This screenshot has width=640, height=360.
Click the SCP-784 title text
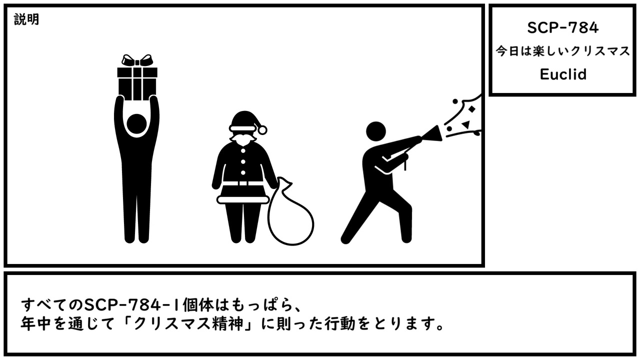click(562, 27)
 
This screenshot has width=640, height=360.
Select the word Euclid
click(563, 74)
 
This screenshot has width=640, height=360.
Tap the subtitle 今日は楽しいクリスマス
click(563, 51)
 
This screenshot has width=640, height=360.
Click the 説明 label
click(26, 19)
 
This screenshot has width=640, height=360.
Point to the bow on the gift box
click(137, 60)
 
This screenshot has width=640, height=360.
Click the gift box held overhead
click(137, 83)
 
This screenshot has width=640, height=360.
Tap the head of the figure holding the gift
click(136, 123)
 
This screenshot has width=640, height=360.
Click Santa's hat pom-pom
click(262, 130)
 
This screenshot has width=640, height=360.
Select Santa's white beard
click(242, 138)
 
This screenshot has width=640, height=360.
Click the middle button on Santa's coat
click(243, 161)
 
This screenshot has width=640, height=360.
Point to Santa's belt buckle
click(243, 183)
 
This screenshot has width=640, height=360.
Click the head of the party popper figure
click(375, 131)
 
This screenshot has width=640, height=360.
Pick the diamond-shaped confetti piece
click(471, 109)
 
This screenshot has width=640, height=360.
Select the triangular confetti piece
click(466, 124)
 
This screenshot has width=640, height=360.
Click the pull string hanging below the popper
click(405, 165)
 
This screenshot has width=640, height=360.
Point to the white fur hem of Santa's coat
click(243, 199)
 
